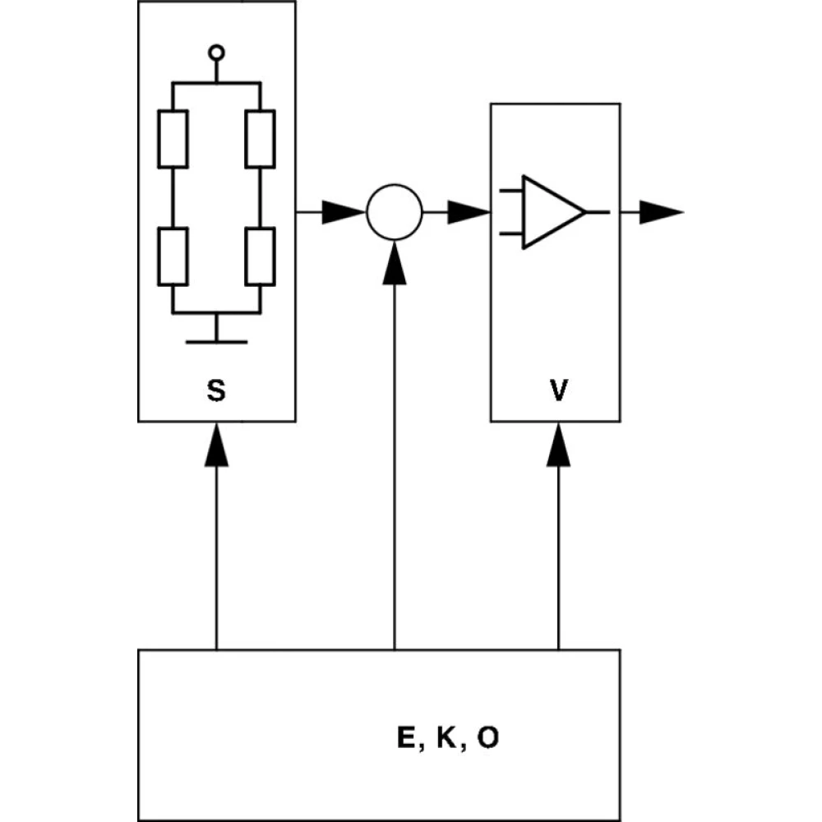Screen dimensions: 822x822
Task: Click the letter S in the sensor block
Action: (x=215, y=392)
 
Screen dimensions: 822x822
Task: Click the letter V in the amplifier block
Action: (x=558, y=392)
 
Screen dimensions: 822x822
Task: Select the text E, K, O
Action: (x=447, y=738)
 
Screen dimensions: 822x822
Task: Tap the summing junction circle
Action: (x=395, y=212)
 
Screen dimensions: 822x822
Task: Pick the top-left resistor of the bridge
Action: (x=173, y=139)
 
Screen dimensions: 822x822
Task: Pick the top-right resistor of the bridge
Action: (x=261, y=139)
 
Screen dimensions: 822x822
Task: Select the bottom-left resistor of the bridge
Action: (x=173, y=257)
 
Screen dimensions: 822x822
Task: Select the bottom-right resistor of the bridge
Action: (x=261, y=257)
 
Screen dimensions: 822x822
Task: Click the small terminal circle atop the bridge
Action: (x=216, y=53)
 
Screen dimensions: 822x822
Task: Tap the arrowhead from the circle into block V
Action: (x=470, y=212)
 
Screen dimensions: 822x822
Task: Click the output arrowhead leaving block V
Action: (x=663, y=212)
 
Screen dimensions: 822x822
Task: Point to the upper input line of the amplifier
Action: (x=511, y=191)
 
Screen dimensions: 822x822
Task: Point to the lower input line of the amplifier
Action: (x=511, y=233)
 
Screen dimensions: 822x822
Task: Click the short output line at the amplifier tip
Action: (x=598, y=212)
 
